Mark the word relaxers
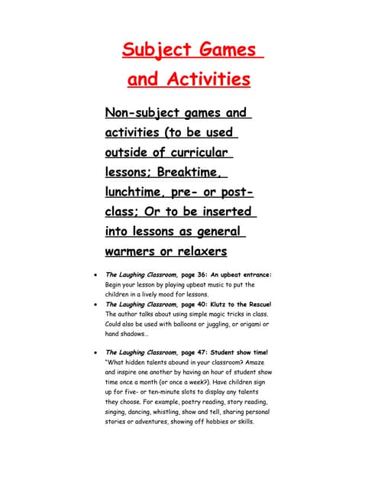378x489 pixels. point(201,251)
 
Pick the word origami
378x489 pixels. point(248,324)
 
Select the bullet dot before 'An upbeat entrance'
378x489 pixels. point(93,275)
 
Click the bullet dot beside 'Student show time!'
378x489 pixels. point(93,352)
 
